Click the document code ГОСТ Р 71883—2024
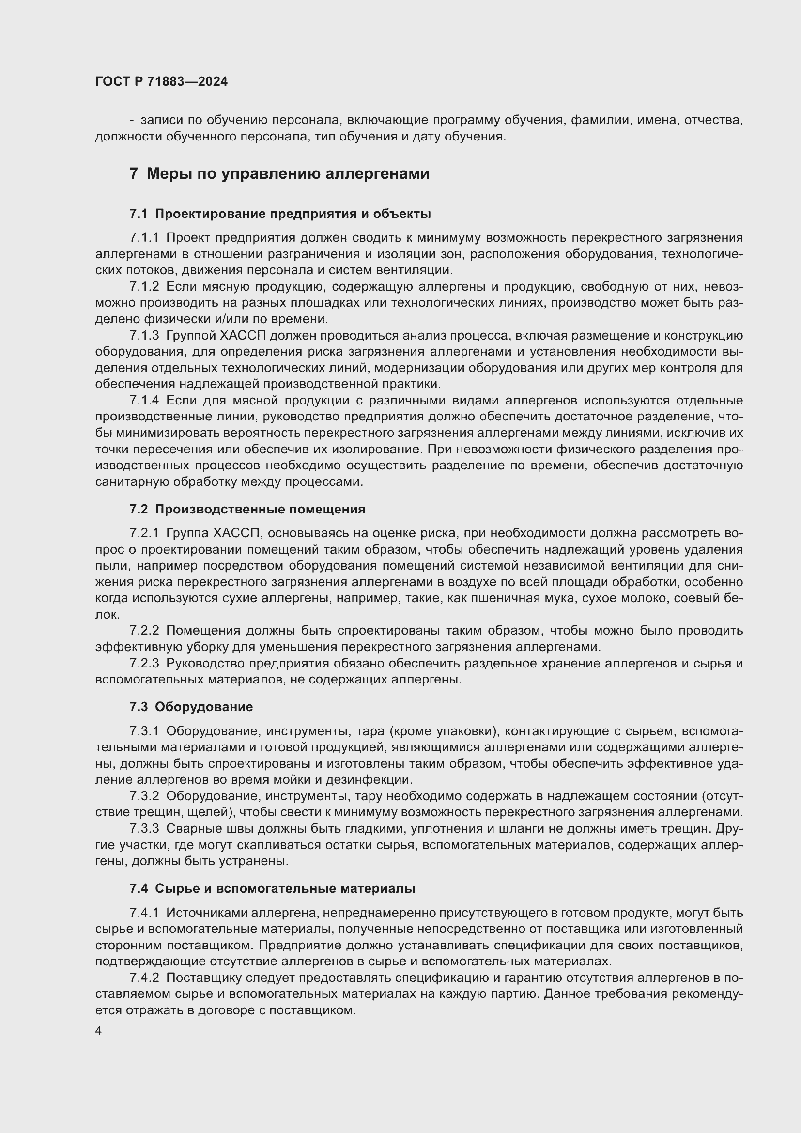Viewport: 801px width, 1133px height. (161, 82)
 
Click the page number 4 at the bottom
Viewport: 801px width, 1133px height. (99, 1031)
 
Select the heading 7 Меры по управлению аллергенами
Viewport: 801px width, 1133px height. (279, 174)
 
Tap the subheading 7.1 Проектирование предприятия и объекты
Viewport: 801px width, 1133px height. (280, 214)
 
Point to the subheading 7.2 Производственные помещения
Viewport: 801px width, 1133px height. (247, 509)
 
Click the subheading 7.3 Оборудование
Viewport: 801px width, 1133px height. (191, 707)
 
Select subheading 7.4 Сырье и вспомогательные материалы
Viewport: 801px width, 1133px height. (272, 888)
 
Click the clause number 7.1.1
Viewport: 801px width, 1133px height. (144, 238)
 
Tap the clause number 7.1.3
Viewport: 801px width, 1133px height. (144, 336)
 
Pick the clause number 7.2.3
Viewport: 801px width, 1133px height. (144, 663)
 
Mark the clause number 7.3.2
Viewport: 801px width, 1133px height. (144, 796)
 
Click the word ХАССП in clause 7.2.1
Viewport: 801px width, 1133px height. (239, 533)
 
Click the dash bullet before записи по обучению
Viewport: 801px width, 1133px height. (132, 121)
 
